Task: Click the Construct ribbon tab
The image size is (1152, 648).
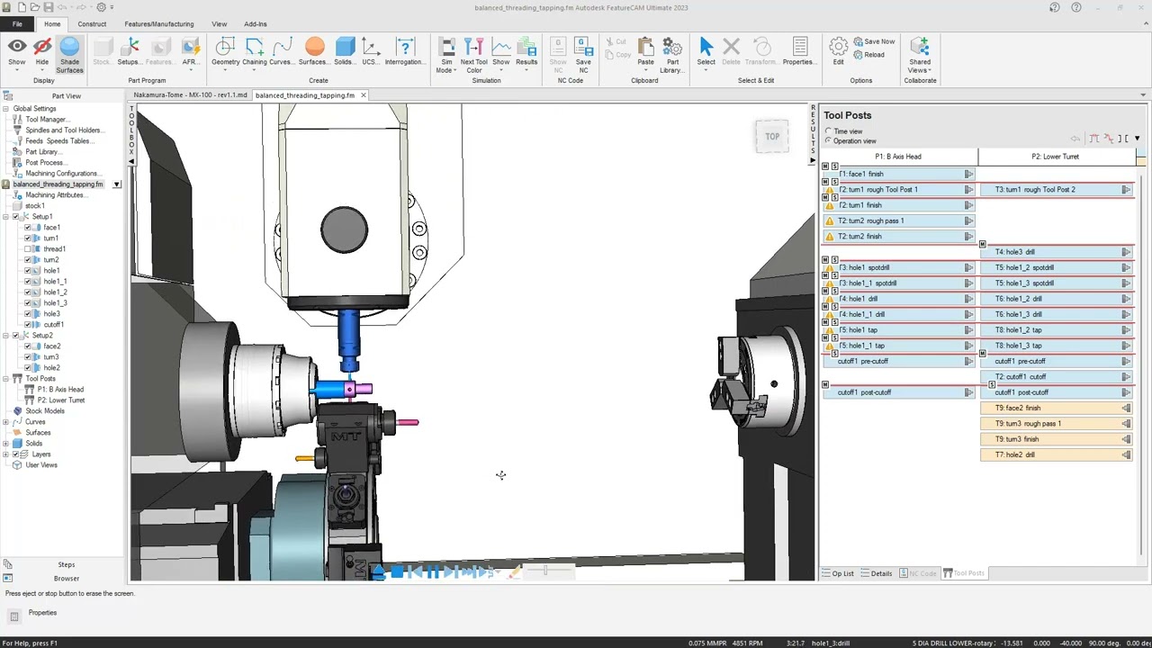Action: click(x=92, y=24)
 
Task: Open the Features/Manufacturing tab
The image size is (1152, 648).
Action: click(x=158, y=24)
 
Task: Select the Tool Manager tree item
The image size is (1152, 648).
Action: click(x=45, y=120)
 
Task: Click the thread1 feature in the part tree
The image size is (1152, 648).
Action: click(x=54, y=249)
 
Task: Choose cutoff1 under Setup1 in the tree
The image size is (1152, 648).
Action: click(x=53, y=325)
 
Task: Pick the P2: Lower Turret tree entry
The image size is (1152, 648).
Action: click(x=60, y=400)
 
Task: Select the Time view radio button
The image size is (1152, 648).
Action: click(x=829, y=131)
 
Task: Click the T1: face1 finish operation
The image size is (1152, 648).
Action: click(x=861, y=174)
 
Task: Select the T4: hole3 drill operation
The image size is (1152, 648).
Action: click(x=1014, y=252)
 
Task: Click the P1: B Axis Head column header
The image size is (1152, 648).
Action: click(x=897, y=157)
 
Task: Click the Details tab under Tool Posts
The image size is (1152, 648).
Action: click(x=877, y=573)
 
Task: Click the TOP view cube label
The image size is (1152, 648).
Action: click(x=772, y=137)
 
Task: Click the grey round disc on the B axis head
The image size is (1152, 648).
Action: click(x=344, y=229)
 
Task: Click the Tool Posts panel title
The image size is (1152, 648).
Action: click(x=847, y=115)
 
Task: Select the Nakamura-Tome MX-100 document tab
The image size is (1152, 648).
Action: click(x=190, y=95)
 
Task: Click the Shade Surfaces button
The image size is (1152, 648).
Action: click(x=69, y=56)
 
